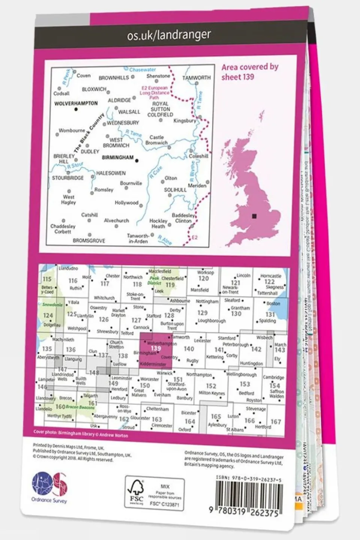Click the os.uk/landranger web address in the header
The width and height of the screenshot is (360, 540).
169,36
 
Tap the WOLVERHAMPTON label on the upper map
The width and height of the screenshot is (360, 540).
76,103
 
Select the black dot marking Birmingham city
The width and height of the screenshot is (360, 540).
137,161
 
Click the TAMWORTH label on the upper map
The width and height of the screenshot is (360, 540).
196,78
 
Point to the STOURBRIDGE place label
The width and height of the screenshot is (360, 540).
68,178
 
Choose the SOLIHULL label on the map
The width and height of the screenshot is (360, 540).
175,190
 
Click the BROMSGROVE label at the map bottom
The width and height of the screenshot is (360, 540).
89,241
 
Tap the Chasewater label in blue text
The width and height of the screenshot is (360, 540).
142,70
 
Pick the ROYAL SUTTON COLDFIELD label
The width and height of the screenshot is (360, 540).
160,109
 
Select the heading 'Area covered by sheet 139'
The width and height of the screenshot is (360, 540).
250,72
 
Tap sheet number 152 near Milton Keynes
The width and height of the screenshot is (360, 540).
211,386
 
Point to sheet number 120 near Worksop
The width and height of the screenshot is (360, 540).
203,278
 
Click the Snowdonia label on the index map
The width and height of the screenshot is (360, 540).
52,305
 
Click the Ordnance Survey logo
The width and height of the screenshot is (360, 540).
49,487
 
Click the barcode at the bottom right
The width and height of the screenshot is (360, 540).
249,496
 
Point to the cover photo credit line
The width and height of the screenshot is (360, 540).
80,434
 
